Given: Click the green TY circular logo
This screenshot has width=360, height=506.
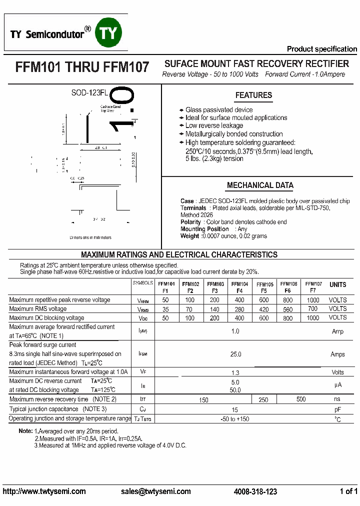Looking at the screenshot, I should (109, 33).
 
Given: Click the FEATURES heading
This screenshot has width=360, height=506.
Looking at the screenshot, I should (253, 95).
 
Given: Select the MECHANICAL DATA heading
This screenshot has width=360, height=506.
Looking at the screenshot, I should (260, 185).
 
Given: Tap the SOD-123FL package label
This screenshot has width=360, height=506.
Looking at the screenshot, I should (89, 92).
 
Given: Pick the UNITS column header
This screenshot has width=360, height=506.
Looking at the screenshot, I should (337, 284).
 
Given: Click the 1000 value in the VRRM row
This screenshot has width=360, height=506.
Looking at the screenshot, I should (313, 300).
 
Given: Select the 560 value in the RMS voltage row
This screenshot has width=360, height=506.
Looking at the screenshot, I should (288, 309).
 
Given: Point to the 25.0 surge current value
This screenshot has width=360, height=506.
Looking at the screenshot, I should (235, 354).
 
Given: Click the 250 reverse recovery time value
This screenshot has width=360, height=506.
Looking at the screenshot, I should (263, 399).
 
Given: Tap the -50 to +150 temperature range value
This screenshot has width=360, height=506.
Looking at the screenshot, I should (235, 419).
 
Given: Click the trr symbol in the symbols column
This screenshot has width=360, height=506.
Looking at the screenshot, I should (142, 399).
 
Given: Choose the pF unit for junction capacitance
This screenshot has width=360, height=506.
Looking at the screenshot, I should (337, 409).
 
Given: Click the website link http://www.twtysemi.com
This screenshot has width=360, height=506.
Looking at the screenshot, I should (44, 491).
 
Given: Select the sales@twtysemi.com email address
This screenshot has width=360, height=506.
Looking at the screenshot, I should (156, 491).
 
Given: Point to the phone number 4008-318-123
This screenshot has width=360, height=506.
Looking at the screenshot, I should (255, 491).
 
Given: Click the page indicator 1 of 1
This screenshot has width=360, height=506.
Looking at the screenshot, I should (348, 491).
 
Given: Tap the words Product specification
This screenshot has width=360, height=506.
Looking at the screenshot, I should (321, 49).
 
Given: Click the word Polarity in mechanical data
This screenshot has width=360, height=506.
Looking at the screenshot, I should (190, 222).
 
